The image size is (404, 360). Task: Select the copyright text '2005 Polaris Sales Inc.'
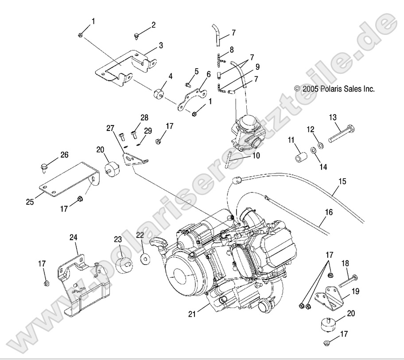[x=334, y=88]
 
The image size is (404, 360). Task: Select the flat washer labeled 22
[x=145, y=258]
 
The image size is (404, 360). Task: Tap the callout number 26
[x=65, y=155]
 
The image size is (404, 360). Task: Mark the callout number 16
[x=328, y=212]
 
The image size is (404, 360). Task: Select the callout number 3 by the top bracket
[x=161, y=45]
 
